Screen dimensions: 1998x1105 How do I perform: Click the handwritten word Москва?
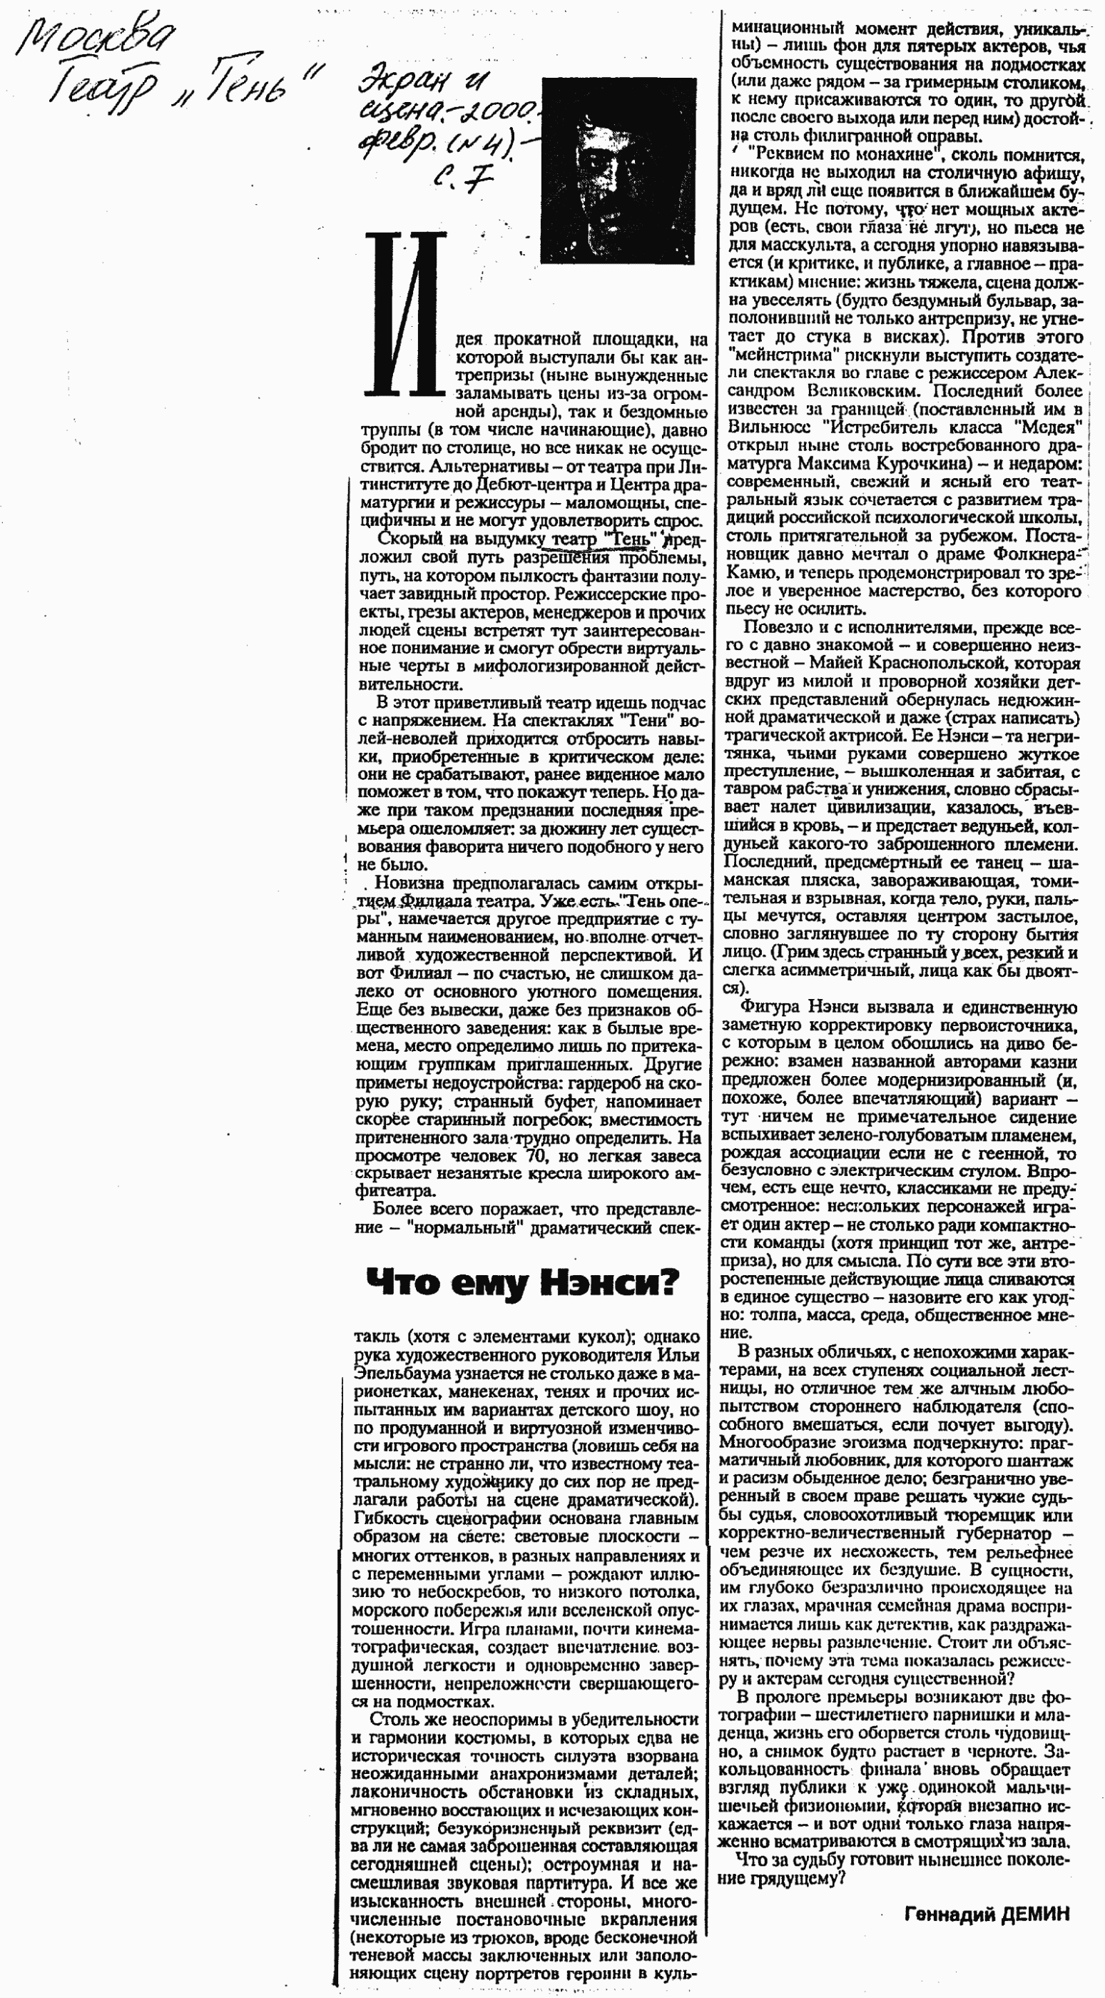96,39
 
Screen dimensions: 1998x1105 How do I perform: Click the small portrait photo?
617,171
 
